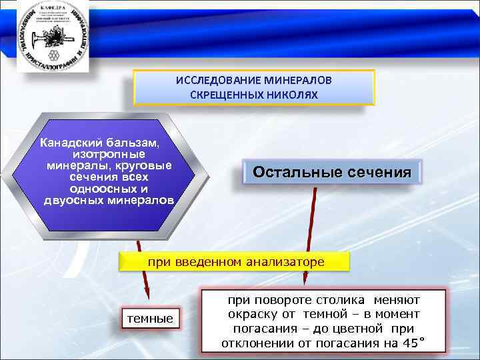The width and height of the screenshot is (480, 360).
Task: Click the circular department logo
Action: (x=46, y=34)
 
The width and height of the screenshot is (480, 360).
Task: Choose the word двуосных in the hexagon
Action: (x=73, y=201)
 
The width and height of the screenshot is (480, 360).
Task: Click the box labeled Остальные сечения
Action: (x=331, y=173)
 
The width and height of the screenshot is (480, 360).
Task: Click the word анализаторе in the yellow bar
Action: (x=282, y=262)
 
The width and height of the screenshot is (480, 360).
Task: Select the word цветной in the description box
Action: (x=359, y=329)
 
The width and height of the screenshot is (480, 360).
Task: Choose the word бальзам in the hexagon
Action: (x=138, y=143)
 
